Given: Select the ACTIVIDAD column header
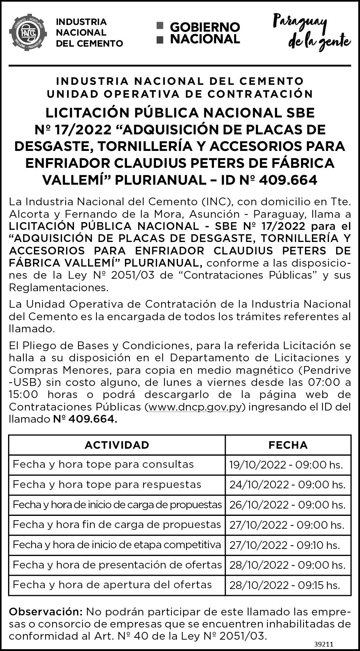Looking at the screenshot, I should [x=117, y=445].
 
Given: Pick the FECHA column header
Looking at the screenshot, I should [x=288, y=445].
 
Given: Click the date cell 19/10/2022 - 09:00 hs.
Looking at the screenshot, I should [x=286, y=465].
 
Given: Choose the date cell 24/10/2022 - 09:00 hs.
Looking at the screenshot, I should [x=287, y=485].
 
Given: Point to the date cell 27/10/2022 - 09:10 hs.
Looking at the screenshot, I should [x=285, y=545].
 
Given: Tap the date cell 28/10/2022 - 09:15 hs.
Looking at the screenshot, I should [x=285, y=585].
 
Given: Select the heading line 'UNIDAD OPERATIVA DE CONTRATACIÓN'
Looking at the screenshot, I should [x=180, y=94].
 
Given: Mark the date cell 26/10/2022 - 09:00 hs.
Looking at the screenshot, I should [x=287, y=505].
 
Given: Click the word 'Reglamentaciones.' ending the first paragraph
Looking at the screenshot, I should [x=59, y=287].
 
